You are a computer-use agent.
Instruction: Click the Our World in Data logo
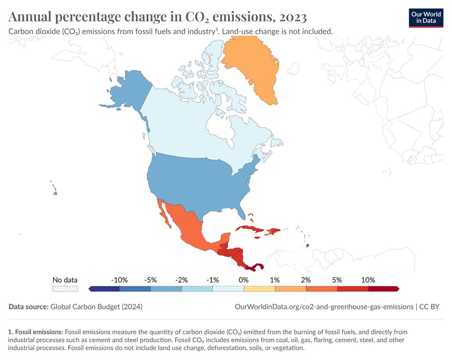426,17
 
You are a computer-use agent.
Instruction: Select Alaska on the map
128,91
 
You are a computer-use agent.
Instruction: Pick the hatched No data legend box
65,288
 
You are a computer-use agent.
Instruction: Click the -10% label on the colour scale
119,280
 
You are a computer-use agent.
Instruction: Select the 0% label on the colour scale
244,280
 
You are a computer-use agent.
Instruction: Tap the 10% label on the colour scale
368,280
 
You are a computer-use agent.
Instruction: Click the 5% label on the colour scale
337,280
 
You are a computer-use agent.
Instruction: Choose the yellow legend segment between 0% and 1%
259,288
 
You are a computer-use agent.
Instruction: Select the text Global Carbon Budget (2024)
96,306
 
